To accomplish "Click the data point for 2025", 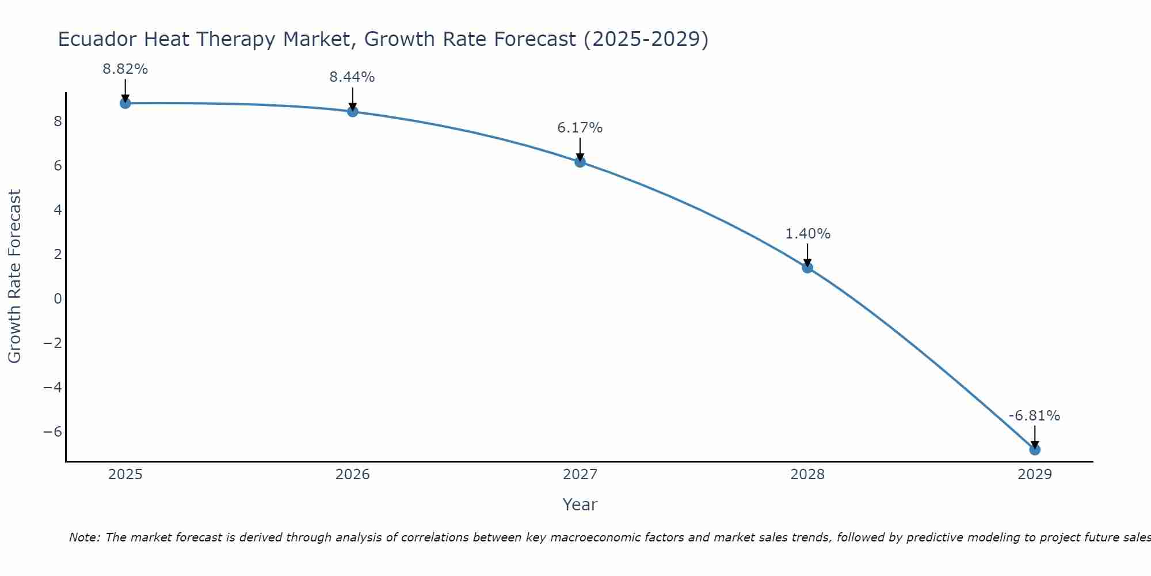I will (x=125, y=103).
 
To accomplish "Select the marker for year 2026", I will (x=353, y=111).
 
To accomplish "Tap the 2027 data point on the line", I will (x=580, y=162).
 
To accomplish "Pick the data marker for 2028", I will (x=807, y=267).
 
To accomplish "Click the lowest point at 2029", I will (x=1035, y=449).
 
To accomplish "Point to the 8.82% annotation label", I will (x=125, y=69).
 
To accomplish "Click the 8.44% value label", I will (x=352, y=77).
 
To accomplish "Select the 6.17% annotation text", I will (x=580, y=128).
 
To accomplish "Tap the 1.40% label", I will (x=808, y=234).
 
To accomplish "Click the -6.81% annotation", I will (x=1034, y=416).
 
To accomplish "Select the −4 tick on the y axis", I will (x=53, y=387).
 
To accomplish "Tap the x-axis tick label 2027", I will (x=580, y=475).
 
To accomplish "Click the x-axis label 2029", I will (x=1035, y=475).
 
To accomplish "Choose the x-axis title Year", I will (x=580, y=505).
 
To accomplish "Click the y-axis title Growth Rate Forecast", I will (x=15, y=276).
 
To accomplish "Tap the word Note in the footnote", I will (x=84, y=538).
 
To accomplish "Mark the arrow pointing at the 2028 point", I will (x=807, y=256).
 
